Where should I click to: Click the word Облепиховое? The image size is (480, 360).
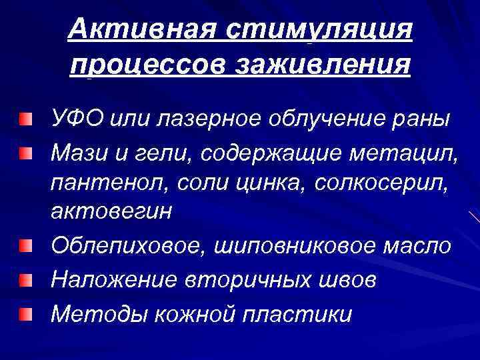130,245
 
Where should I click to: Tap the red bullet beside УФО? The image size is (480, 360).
25,119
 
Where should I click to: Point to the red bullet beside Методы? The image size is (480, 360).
25,312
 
